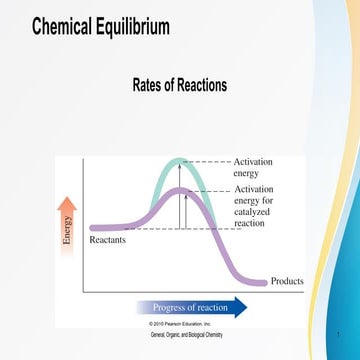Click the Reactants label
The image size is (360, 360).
coord(108,241)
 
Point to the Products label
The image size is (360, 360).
coord(287,281)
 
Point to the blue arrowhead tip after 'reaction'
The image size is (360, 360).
coord(245,307)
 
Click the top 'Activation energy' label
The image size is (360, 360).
coord(252,167)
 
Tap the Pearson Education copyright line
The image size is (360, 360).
coord(181,324)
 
